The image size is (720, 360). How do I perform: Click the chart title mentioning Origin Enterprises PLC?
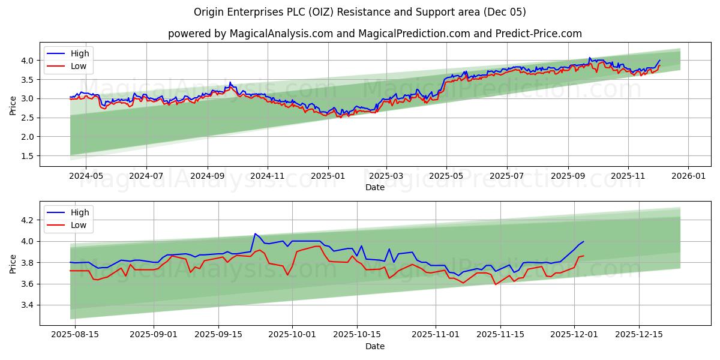coord(360,12)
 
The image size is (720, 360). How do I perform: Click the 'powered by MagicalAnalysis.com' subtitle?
coord(374,34)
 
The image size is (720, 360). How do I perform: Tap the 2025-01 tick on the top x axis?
coord(328,176)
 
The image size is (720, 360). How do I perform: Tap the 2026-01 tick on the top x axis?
coord(688,176)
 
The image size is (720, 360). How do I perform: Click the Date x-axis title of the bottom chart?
coord(375,346)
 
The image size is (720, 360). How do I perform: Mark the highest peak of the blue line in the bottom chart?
coord(255,234)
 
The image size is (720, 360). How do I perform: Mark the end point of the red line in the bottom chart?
coord(583,256)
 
